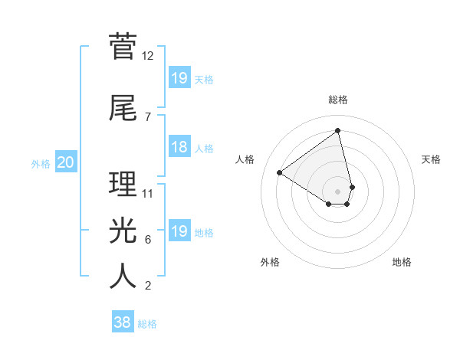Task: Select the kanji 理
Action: pyautogui.click(x=123, y=184)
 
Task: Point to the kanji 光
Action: pyautogui.click(x=123, y=230)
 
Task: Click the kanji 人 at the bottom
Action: pyautogui.click(x=123, y=276)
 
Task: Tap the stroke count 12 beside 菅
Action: pyautogui.click(x=148, y=56)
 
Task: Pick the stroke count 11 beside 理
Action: pyautogui.click(x=148, y=194)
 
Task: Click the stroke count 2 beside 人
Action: pyautogui.click(x=148, y=286)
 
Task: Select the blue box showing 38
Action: pyautogui.click(x=123, y=322)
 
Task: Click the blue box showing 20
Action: pyautogui.click(x=65, y=162)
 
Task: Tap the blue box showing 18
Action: pyautogui.click(x=179, y=147)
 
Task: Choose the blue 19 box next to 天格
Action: pyautogui.click(x=179, y=77)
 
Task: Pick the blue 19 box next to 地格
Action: pyautogui.click(x=179, y=231)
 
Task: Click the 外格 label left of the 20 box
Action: pyautogui.click(x=41, y=163)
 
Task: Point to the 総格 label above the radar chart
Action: pyautogui.click(x=338, y=100)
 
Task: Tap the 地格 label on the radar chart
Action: pyautogui.click(x=402, y=262)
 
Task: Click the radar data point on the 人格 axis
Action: pyautogui.click(x=280, y=172)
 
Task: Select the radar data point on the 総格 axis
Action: pyautogui.click(x=338, y=131)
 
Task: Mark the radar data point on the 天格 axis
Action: pyautogui.click(x=352, y=186)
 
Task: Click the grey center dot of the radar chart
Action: pyautogui.click(x=338, y=191)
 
